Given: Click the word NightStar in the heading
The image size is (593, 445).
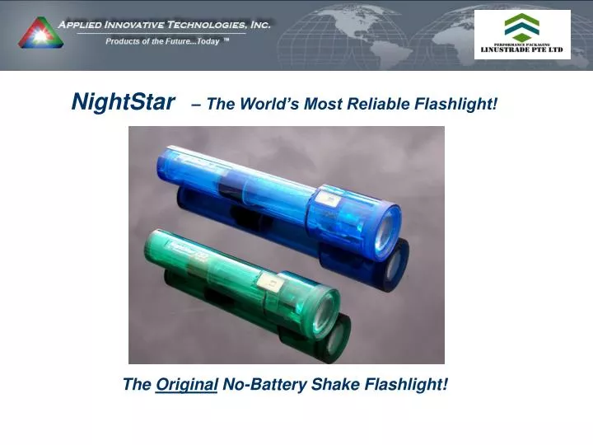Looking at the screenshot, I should pyautogui.click(x=124, y=102).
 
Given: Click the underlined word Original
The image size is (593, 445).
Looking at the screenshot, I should pyautogui.click(x=186, y=385).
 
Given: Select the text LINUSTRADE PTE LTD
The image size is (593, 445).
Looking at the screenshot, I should pyautogui.click(x=522, y=50).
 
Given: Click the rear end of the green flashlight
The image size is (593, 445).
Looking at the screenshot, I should pyautogui.click(x=151, y=247).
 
